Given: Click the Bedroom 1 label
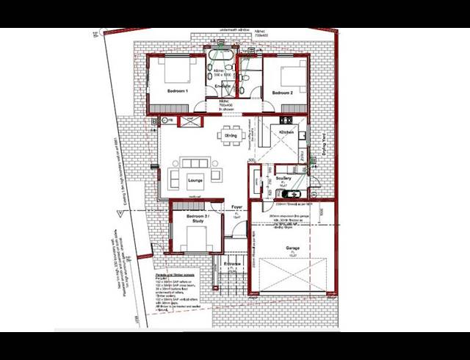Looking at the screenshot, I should point(178,91).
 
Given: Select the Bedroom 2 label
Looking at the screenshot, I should point(283,93).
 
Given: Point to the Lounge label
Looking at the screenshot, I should point(195,179).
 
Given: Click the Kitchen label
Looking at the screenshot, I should point(286,132).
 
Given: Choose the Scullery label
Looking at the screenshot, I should point(283,179).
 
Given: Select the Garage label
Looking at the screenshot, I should point(292,248).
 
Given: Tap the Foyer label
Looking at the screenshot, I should point(237,207).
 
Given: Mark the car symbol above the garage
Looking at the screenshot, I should point(292,195).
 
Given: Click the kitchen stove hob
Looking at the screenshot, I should point(282,143).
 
